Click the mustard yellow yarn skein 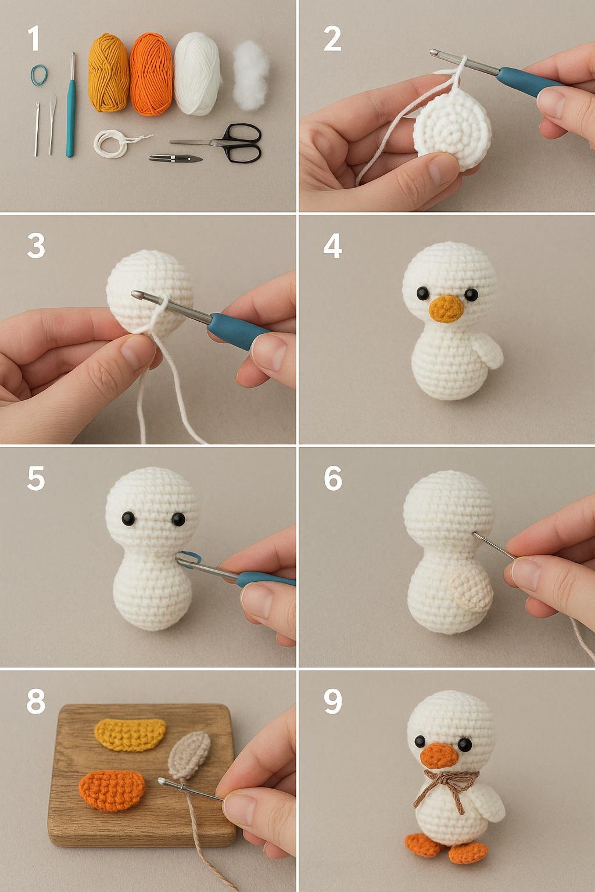click(x=108, y=72)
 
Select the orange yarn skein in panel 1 click(x=151, y=74)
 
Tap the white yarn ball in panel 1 click(x=197, y=73)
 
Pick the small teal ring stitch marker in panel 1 click(x=39, y=75)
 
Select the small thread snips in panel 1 click(x=175, y=158)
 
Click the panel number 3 click(x=36, y=246)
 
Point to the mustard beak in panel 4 click(x=446, y=308)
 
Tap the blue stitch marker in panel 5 click(x=188, y=558)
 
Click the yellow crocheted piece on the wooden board click(x=130, y=734)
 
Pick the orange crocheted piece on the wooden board click(x=112, y=790)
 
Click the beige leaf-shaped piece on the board click(x=189, y=755)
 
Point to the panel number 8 click(x=35, y=702)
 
